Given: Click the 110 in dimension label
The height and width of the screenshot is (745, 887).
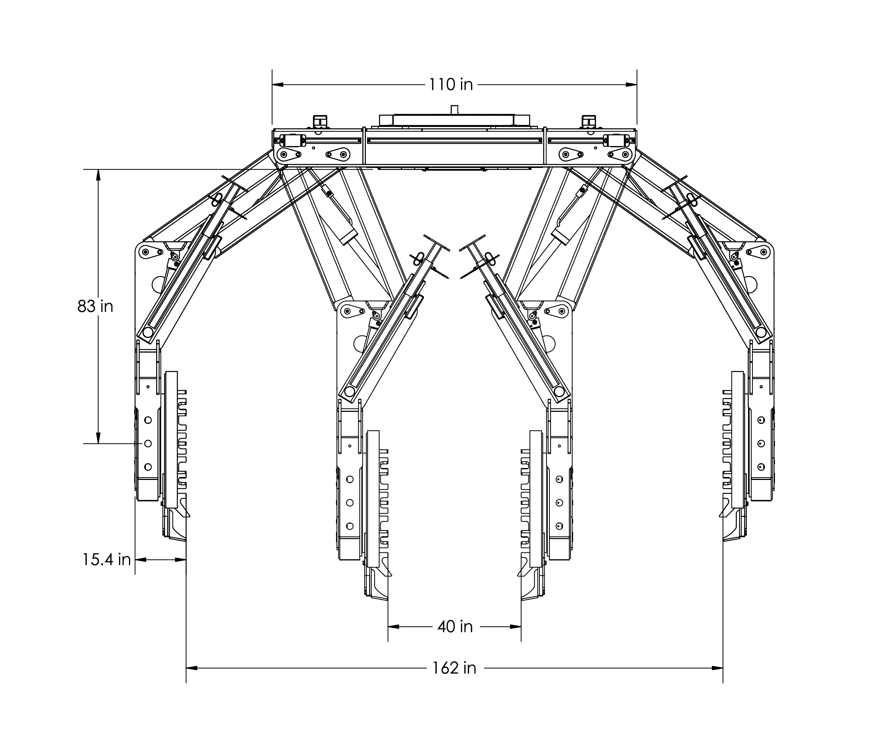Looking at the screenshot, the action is (451, 84).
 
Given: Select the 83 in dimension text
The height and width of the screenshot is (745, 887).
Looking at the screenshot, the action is (96, 306).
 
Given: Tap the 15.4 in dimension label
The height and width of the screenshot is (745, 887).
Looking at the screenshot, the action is (106, 560).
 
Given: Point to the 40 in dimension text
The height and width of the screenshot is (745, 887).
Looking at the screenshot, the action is (455, 627).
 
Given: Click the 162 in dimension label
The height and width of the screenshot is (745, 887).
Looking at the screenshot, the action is (454, 668).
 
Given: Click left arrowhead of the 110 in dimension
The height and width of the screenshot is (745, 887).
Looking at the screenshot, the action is (277, 84).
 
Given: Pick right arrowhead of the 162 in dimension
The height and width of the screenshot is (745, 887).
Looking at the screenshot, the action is (717, 668).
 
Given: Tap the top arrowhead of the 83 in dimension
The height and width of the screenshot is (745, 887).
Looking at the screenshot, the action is (98, 175).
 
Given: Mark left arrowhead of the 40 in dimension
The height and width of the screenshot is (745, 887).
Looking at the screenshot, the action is (394, 627).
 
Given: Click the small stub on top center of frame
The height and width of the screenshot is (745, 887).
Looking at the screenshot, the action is (455, 109).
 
